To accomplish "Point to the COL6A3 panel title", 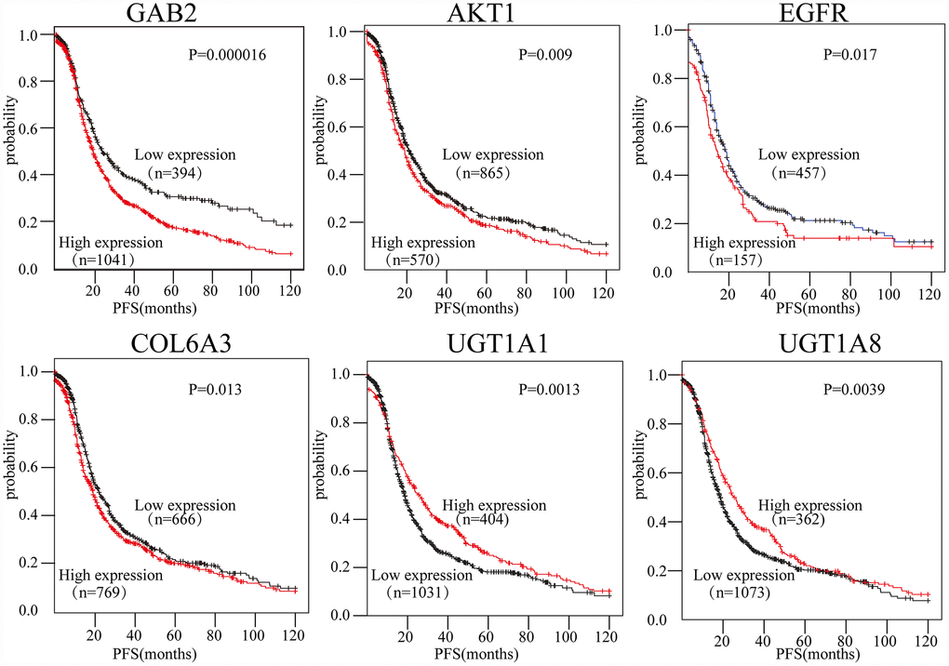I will click(175, 347).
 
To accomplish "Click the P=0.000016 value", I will click(227, 56).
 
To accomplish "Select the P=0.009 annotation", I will click(544, 56).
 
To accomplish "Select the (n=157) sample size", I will click(730, 260).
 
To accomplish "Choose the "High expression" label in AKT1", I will click(423, 244).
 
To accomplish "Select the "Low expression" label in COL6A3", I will click(185, 505).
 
